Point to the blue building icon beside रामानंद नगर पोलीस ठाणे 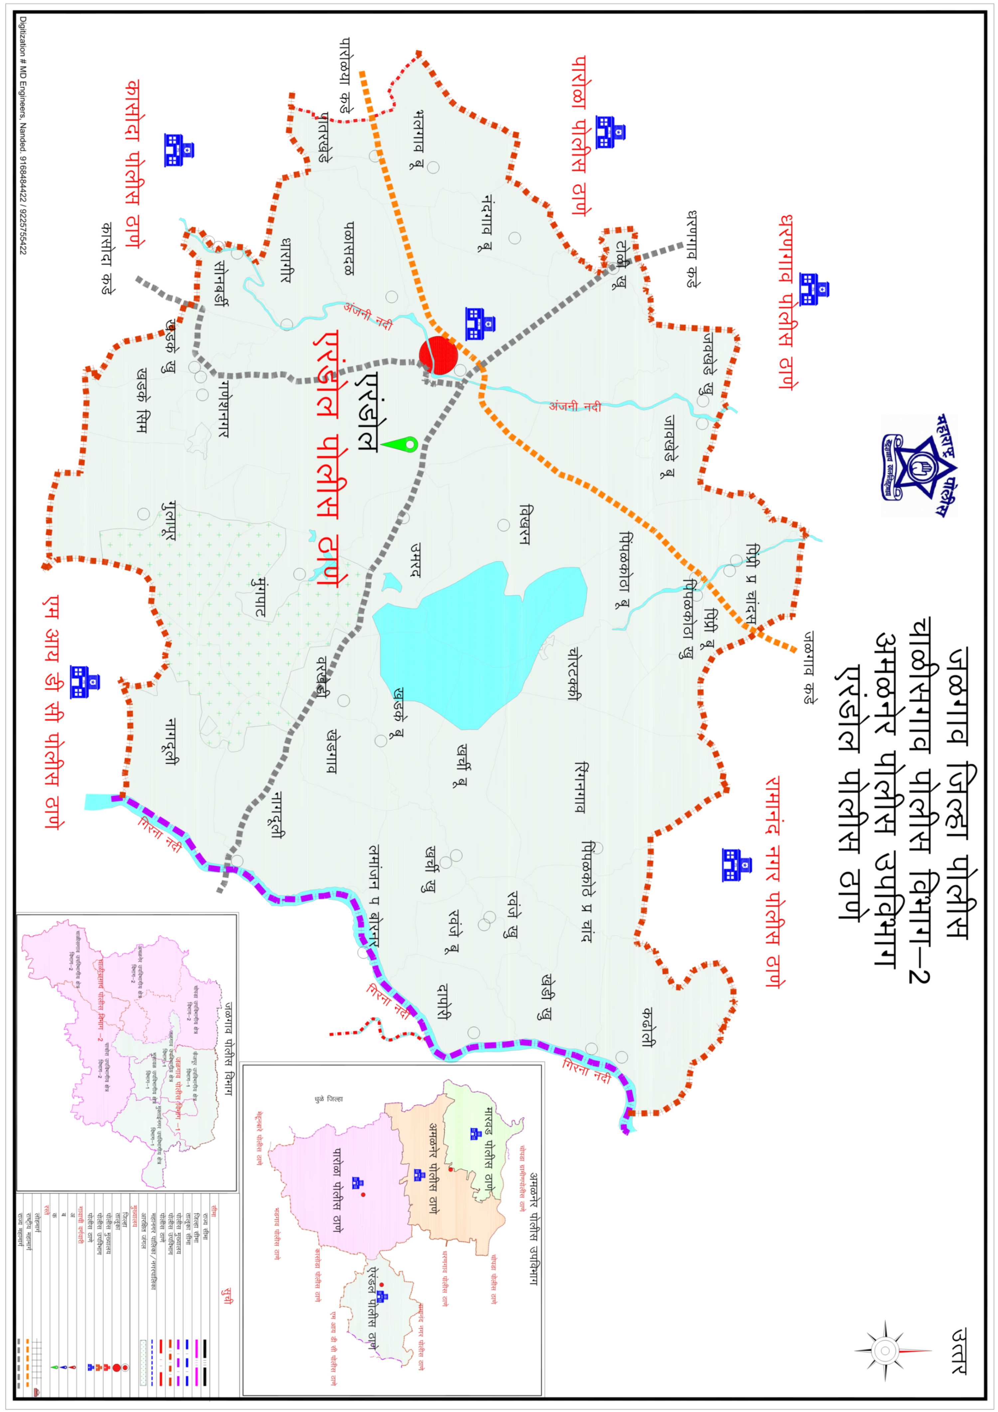click(x=737, y=865)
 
